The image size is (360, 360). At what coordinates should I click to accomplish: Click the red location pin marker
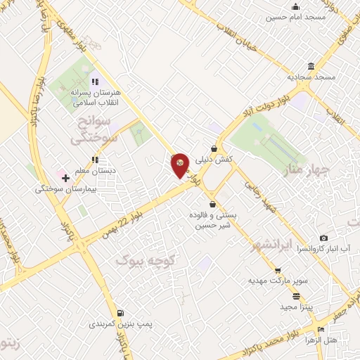181,165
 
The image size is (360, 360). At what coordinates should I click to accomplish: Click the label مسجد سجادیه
311,76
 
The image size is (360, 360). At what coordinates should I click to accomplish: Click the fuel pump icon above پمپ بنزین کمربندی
121,313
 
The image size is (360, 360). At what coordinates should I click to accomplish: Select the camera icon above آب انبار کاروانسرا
323,238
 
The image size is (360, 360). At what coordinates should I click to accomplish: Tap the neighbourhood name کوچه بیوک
148,261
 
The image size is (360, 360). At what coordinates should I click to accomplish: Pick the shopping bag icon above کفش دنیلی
214,149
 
